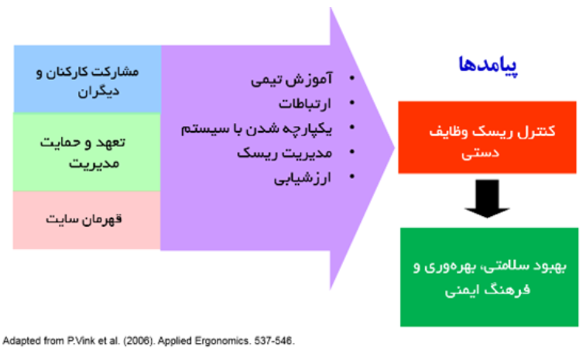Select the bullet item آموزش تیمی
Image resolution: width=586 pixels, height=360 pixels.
[x=292, y=80]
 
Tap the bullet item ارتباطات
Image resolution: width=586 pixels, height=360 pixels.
[x=305, y=104]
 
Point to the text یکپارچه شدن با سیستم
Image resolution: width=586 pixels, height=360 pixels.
[x=256, y=129]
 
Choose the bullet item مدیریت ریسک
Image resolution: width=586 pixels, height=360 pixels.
[x=284, y=153]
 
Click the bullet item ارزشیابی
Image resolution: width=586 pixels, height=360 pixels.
[x=303, y=178]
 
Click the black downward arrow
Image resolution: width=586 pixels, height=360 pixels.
[x=487, y=198]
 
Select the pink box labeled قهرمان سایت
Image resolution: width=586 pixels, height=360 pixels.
[x=87, y=220]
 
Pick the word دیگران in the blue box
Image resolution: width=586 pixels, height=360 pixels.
[x=98, y=91]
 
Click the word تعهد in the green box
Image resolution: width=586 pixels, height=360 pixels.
[x=109, y=142]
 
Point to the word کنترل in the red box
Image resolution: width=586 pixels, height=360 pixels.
[x=536, y=132]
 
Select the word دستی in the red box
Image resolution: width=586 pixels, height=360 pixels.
[x=480, y=153]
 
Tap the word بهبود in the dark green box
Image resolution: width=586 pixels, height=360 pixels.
[x=550, y=266]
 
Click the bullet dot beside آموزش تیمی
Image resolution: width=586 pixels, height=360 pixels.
[x=352, y=78]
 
